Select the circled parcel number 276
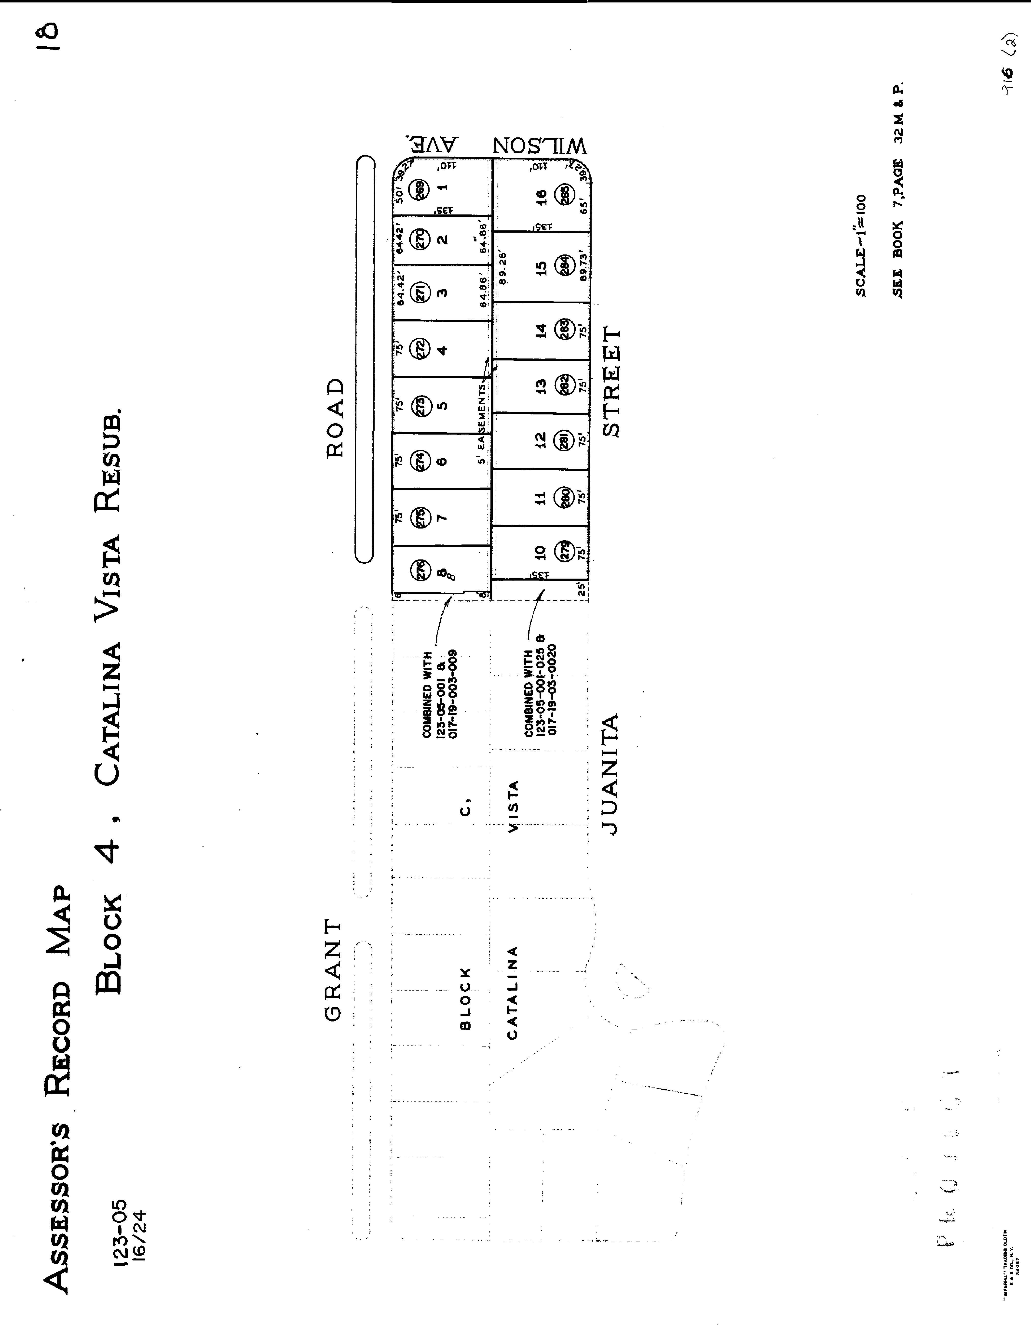tap(419, 570)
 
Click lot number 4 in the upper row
tap(442, 350)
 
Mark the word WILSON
tap(540, 146)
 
